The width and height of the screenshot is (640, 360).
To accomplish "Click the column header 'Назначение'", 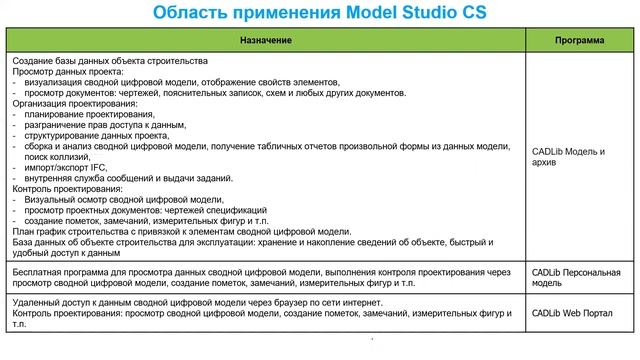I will [x=266, y=41].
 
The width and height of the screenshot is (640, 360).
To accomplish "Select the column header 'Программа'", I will [x=580, y=41].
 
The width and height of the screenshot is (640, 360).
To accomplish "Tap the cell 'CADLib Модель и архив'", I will [x=569, y=157].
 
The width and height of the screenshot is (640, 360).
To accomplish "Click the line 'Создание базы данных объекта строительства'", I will [x=110, y=61].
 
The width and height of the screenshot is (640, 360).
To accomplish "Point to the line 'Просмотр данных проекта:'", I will [x=67, y=72].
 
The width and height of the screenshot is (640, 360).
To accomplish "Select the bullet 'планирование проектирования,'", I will [x=90, y=115].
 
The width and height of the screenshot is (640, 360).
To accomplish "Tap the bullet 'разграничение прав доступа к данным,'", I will [x=108, y=125].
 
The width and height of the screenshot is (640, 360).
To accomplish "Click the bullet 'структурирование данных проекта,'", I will [x=98, y=136].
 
